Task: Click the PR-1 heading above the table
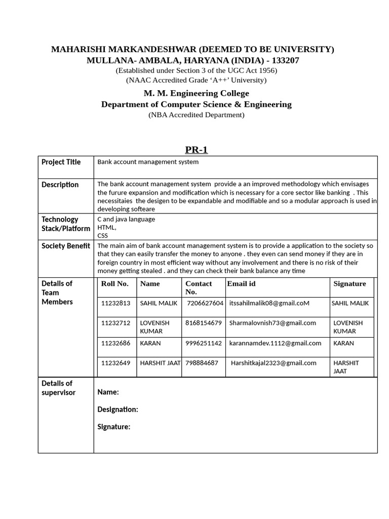196,150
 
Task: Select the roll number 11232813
116,303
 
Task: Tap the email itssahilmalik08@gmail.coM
269,303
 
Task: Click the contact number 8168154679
204,323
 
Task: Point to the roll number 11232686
116,343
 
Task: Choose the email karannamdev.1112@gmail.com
275,343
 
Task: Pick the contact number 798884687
202,363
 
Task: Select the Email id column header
241,284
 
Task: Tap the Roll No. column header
115,284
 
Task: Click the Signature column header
349,284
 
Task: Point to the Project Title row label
61,162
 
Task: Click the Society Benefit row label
66,246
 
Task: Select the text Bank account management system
148,162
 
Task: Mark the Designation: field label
118,410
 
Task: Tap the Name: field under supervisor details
108,392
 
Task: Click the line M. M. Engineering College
196,93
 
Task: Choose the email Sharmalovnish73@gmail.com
273,323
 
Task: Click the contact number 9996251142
204,343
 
